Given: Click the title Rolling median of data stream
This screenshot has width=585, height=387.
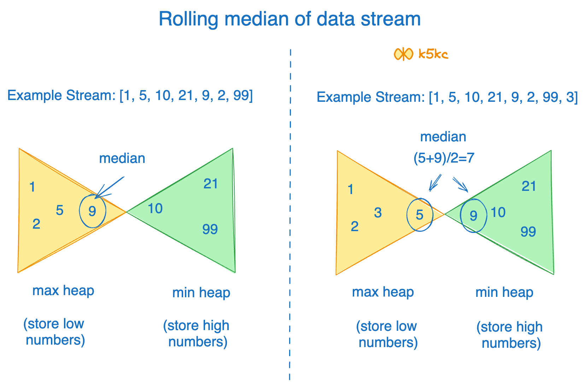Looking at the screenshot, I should [289, 19].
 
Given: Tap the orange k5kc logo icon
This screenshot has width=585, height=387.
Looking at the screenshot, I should [403, 54].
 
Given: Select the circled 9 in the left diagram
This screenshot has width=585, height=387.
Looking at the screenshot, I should [92, 211].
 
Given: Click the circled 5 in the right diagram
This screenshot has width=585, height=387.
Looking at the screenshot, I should [420, 215].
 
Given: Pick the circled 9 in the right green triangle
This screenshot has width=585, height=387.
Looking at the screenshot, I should [474, 216].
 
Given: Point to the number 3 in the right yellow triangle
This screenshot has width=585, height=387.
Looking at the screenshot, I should [378, 213].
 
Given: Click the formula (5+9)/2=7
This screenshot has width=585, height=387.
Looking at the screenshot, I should [444, 158].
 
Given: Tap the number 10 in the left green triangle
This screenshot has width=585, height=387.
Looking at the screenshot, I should [155, 209].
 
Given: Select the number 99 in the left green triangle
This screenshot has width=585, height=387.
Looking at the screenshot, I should [210, 229].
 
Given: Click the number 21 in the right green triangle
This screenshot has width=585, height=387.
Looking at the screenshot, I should [529, 186].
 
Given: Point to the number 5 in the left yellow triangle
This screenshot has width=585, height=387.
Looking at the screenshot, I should [59, 210].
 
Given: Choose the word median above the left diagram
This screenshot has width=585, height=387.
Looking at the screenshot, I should [122, 158].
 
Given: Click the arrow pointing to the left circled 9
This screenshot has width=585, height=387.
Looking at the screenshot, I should [110, 187].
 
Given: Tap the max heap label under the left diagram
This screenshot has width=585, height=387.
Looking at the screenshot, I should [63, 291].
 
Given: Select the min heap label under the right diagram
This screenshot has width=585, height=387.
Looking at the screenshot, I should [504, 292].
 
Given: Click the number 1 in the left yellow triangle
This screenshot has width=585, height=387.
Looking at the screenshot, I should [32, 187].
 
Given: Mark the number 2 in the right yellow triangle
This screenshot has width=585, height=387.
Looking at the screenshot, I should [355, 227].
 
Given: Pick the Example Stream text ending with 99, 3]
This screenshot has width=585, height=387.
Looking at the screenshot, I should [447, 97].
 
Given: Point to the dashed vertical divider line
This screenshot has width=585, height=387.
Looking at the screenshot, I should [290, 212].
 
